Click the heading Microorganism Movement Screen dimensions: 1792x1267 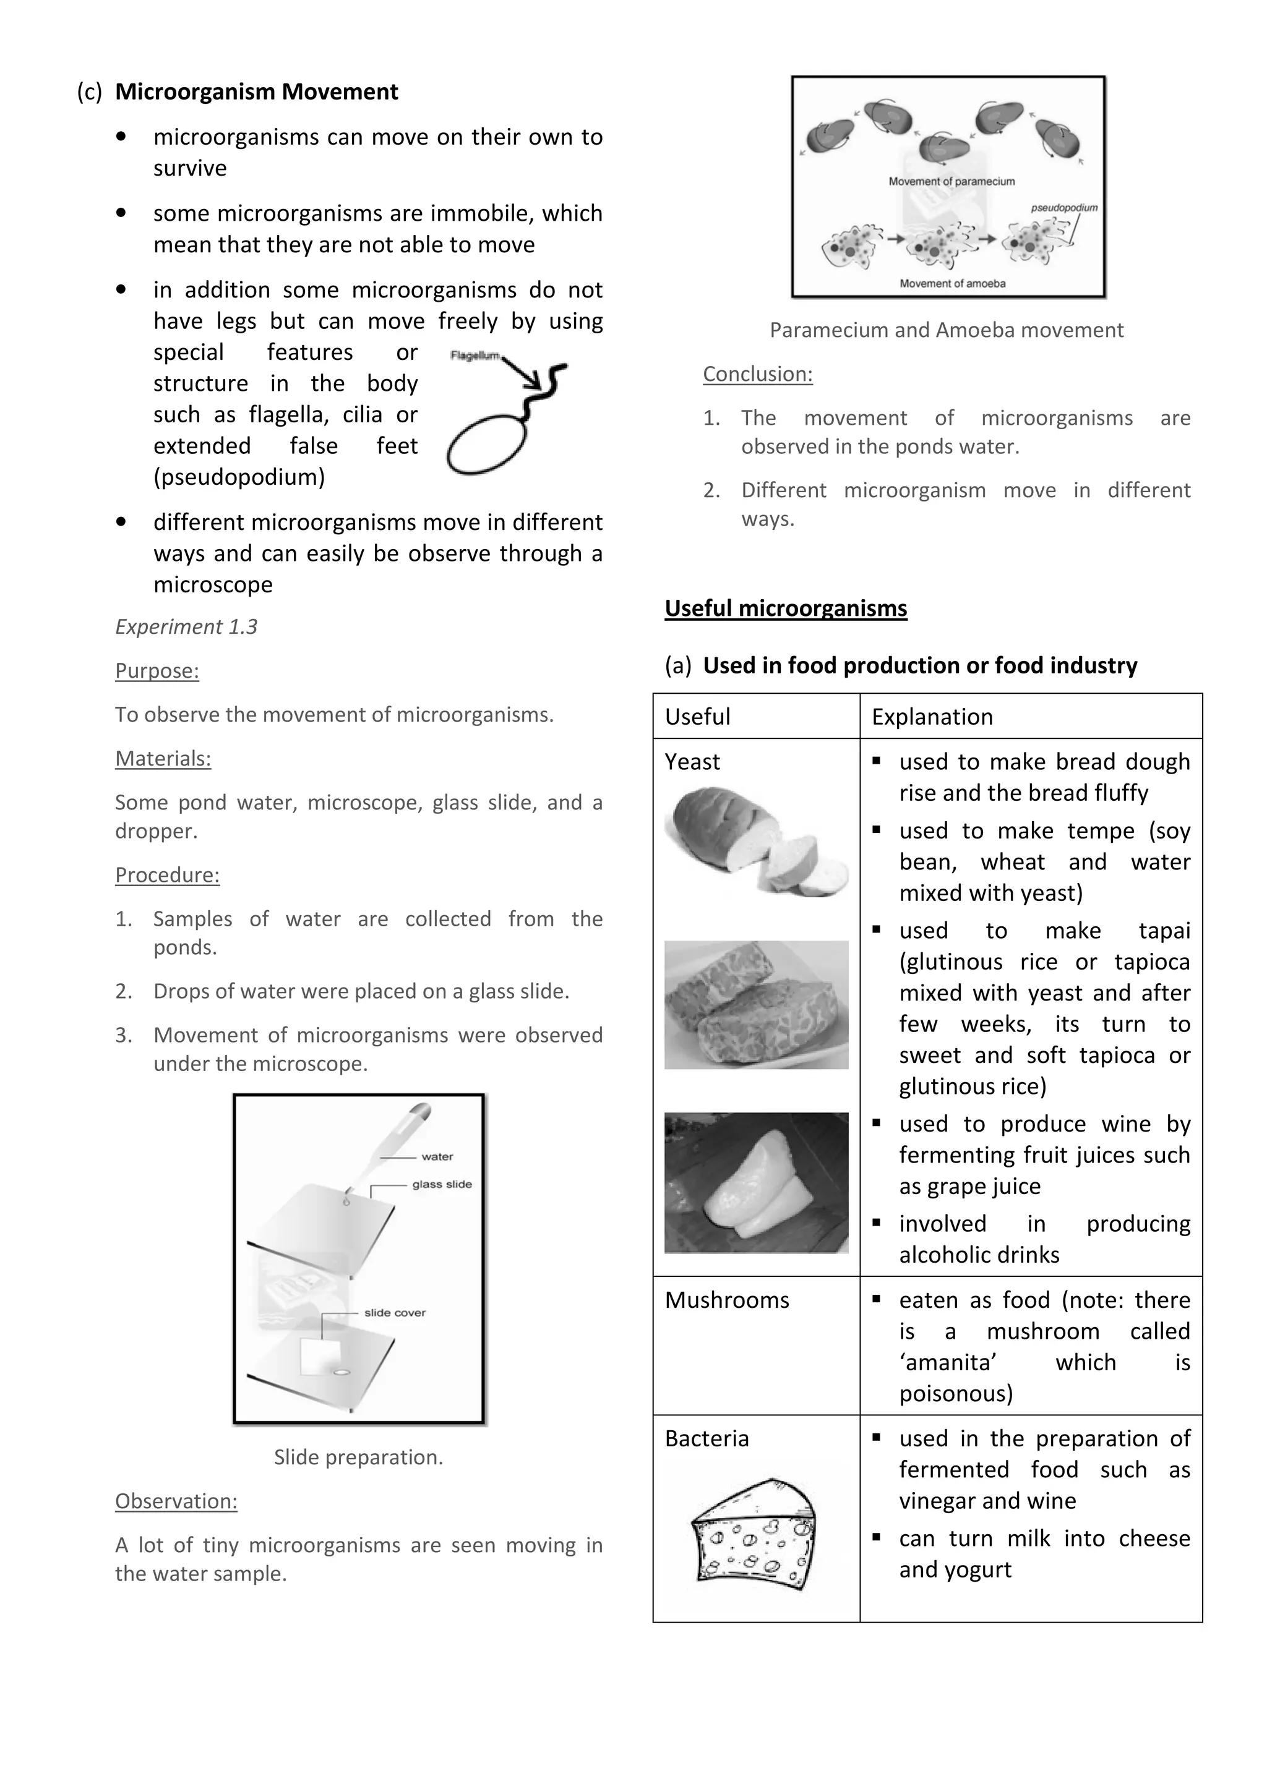click(x=256, y=92)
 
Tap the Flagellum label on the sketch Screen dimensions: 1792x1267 click(x=475, y=356)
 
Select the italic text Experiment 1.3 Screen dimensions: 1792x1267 click(x=186, y=627)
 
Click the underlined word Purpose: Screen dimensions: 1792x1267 click(x=157, y=670)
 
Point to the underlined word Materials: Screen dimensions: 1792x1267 click(x=163, y=759)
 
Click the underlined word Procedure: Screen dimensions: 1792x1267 click(x=167, y=875)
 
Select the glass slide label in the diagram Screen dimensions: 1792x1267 click(x=442, y=1184)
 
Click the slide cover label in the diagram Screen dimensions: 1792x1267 click(x=395, y=1313)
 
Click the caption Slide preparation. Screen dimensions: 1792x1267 click(x=358, y=1457)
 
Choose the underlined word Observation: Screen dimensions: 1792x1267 click(x=176, y=1501)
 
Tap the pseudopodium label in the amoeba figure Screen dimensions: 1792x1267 click(x=1064, y=208)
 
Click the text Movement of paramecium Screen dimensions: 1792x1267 click(x=951, y=181)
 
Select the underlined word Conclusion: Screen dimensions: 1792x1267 click(x=757, y=374)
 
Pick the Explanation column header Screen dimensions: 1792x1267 click(x=932, y=717)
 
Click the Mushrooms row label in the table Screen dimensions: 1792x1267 click(x=727, y=1300)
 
